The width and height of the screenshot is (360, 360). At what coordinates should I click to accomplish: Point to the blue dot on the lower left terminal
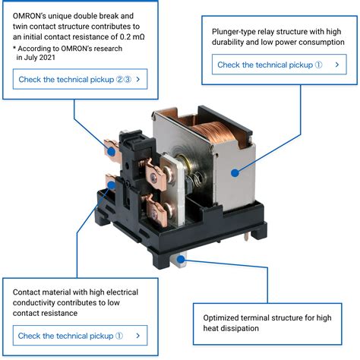coord(111,184)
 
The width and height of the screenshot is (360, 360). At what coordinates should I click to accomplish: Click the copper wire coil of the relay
coord(209,136)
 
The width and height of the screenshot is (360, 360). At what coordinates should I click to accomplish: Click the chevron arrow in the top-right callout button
coord(335,65)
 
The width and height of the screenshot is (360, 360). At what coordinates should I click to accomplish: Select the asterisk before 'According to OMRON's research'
coord(15,49)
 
